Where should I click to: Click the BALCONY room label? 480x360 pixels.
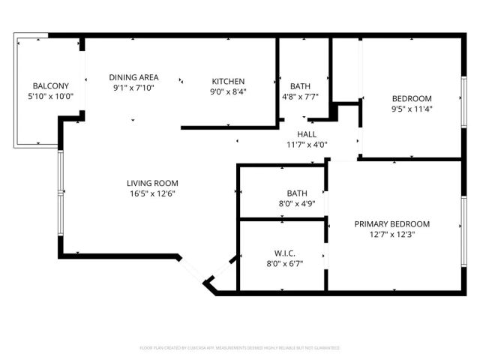click(50, 85)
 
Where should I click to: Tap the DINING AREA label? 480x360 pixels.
click(133, 77)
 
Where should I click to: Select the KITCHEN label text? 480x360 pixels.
click(229, 82)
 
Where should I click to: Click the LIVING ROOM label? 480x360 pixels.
click(152, 183)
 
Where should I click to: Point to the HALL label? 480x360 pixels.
click(307, 133)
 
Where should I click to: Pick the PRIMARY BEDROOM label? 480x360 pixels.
click(392, 223)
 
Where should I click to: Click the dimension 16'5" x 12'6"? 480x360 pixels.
click(152, 193)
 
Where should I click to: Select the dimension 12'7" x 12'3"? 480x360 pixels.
click(392, 234)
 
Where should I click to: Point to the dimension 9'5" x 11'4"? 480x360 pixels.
click(412, 109)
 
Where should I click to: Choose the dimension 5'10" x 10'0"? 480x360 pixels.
click(50, 96)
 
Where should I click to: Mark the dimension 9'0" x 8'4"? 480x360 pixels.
click(229, 91)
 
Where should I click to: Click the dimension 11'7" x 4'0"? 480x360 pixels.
click(307, 144)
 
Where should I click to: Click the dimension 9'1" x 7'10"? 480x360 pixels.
click(133, 88)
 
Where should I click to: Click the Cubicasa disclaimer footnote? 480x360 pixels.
click(240, 348)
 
